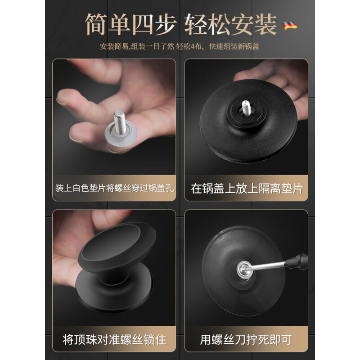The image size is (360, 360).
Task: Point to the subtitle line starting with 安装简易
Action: click(x=180, y=46)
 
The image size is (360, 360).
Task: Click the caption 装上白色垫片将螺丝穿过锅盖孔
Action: click(x=114, y=188)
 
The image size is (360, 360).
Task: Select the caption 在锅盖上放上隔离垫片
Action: click(x=247, y=188)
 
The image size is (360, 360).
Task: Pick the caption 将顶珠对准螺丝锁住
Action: click(x=114, y=338)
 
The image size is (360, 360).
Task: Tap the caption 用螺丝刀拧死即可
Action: click(x=247, y=338)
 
